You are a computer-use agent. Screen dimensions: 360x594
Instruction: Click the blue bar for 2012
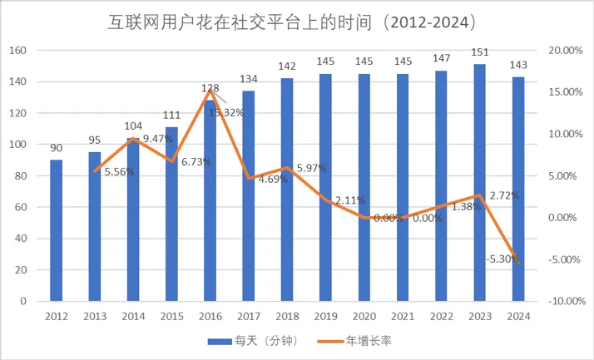point(56,229)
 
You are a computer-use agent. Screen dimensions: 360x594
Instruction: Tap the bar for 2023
point(480,183)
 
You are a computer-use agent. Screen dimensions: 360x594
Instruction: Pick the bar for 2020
point(364,187)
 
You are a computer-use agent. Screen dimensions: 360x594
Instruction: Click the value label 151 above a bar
point(480,55)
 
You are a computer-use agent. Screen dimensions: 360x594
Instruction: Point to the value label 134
point(249,80)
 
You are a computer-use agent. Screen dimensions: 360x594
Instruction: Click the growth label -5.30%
point(503,259)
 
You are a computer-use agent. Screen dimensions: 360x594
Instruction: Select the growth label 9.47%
point(158,139)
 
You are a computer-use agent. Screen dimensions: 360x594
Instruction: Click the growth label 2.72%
point(503,195)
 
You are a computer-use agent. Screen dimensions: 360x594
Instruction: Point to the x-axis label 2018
point(287,317)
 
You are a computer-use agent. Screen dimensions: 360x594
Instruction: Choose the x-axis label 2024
point(518,317)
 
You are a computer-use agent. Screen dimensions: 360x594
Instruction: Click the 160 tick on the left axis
point(17,51)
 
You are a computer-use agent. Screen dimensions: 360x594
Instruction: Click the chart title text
point(297,18)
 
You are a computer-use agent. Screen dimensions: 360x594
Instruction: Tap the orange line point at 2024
point(518,262)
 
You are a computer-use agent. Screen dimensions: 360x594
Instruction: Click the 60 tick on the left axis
point(21,207)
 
